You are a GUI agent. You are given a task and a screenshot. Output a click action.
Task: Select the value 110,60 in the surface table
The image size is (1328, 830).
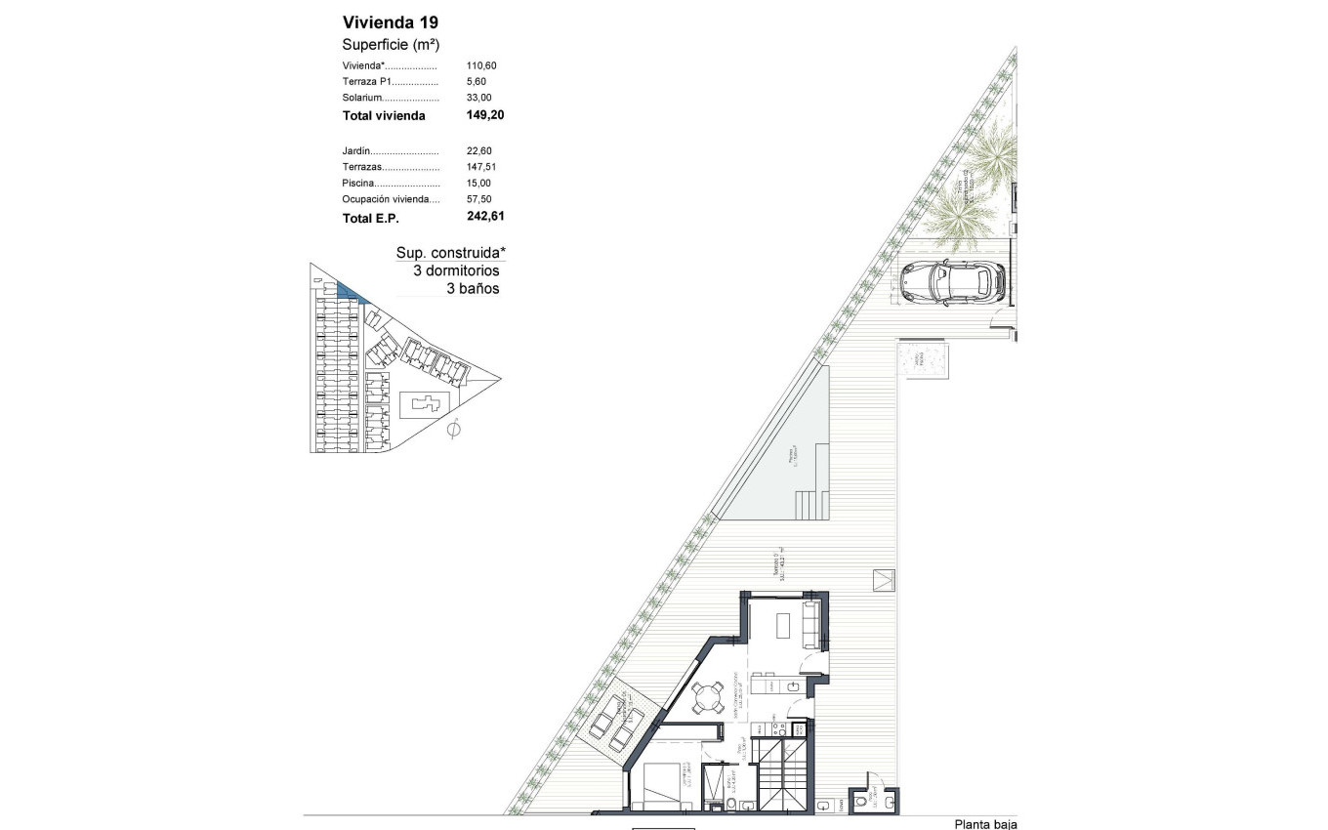coord(481,65)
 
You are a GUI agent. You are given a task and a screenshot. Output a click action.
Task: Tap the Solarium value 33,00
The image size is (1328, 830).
coord(478,98)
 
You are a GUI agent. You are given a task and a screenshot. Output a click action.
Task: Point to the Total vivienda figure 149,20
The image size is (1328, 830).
coord(484,115)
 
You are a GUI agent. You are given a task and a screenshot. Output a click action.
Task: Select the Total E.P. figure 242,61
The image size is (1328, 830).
coord(485,218)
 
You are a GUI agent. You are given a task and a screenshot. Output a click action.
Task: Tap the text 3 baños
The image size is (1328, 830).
coord(473,288)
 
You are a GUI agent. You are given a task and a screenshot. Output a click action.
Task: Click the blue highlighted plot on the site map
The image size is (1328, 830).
coord(348,290)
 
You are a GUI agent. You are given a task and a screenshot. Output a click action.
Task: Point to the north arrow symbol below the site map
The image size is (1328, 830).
coord(453,429)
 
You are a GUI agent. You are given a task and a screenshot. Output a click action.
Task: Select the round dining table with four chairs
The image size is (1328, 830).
coord(707,697)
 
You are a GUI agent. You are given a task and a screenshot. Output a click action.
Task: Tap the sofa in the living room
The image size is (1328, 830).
coord(809,625)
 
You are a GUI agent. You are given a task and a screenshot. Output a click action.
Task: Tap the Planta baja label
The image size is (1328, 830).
coord(985,824)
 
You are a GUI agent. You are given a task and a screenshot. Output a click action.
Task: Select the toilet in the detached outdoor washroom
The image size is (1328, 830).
coord(860,801)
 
